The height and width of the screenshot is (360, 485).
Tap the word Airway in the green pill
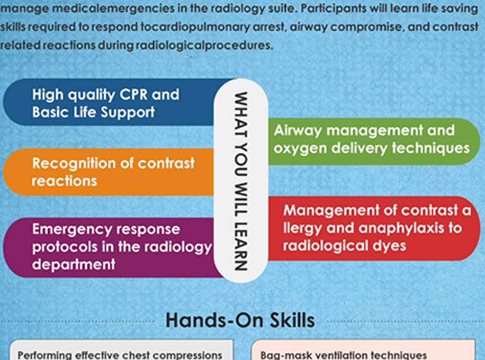coord(298,131)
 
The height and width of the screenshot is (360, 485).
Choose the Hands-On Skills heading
coord(240,320)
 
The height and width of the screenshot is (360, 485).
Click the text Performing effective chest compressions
coord(120,355)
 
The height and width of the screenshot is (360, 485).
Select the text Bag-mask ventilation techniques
coord(344,355)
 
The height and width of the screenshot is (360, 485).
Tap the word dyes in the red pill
coord(389,246)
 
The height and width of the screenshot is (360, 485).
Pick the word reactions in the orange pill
coord(64,181)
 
